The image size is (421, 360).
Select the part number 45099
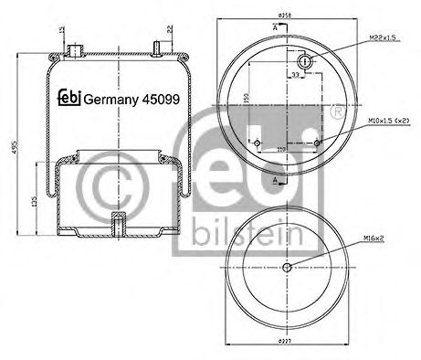click(151, 101)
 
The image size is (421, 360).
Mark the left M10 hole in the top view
click(258, 143)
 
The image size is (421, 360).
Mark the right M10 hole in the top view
click(316, 143)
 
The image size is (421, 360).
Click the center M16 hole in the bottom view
click(287, 267)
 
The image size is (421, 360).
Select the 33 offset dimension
click(294, 75)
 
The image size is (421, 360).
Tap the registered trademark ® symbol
click(337, 111)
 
